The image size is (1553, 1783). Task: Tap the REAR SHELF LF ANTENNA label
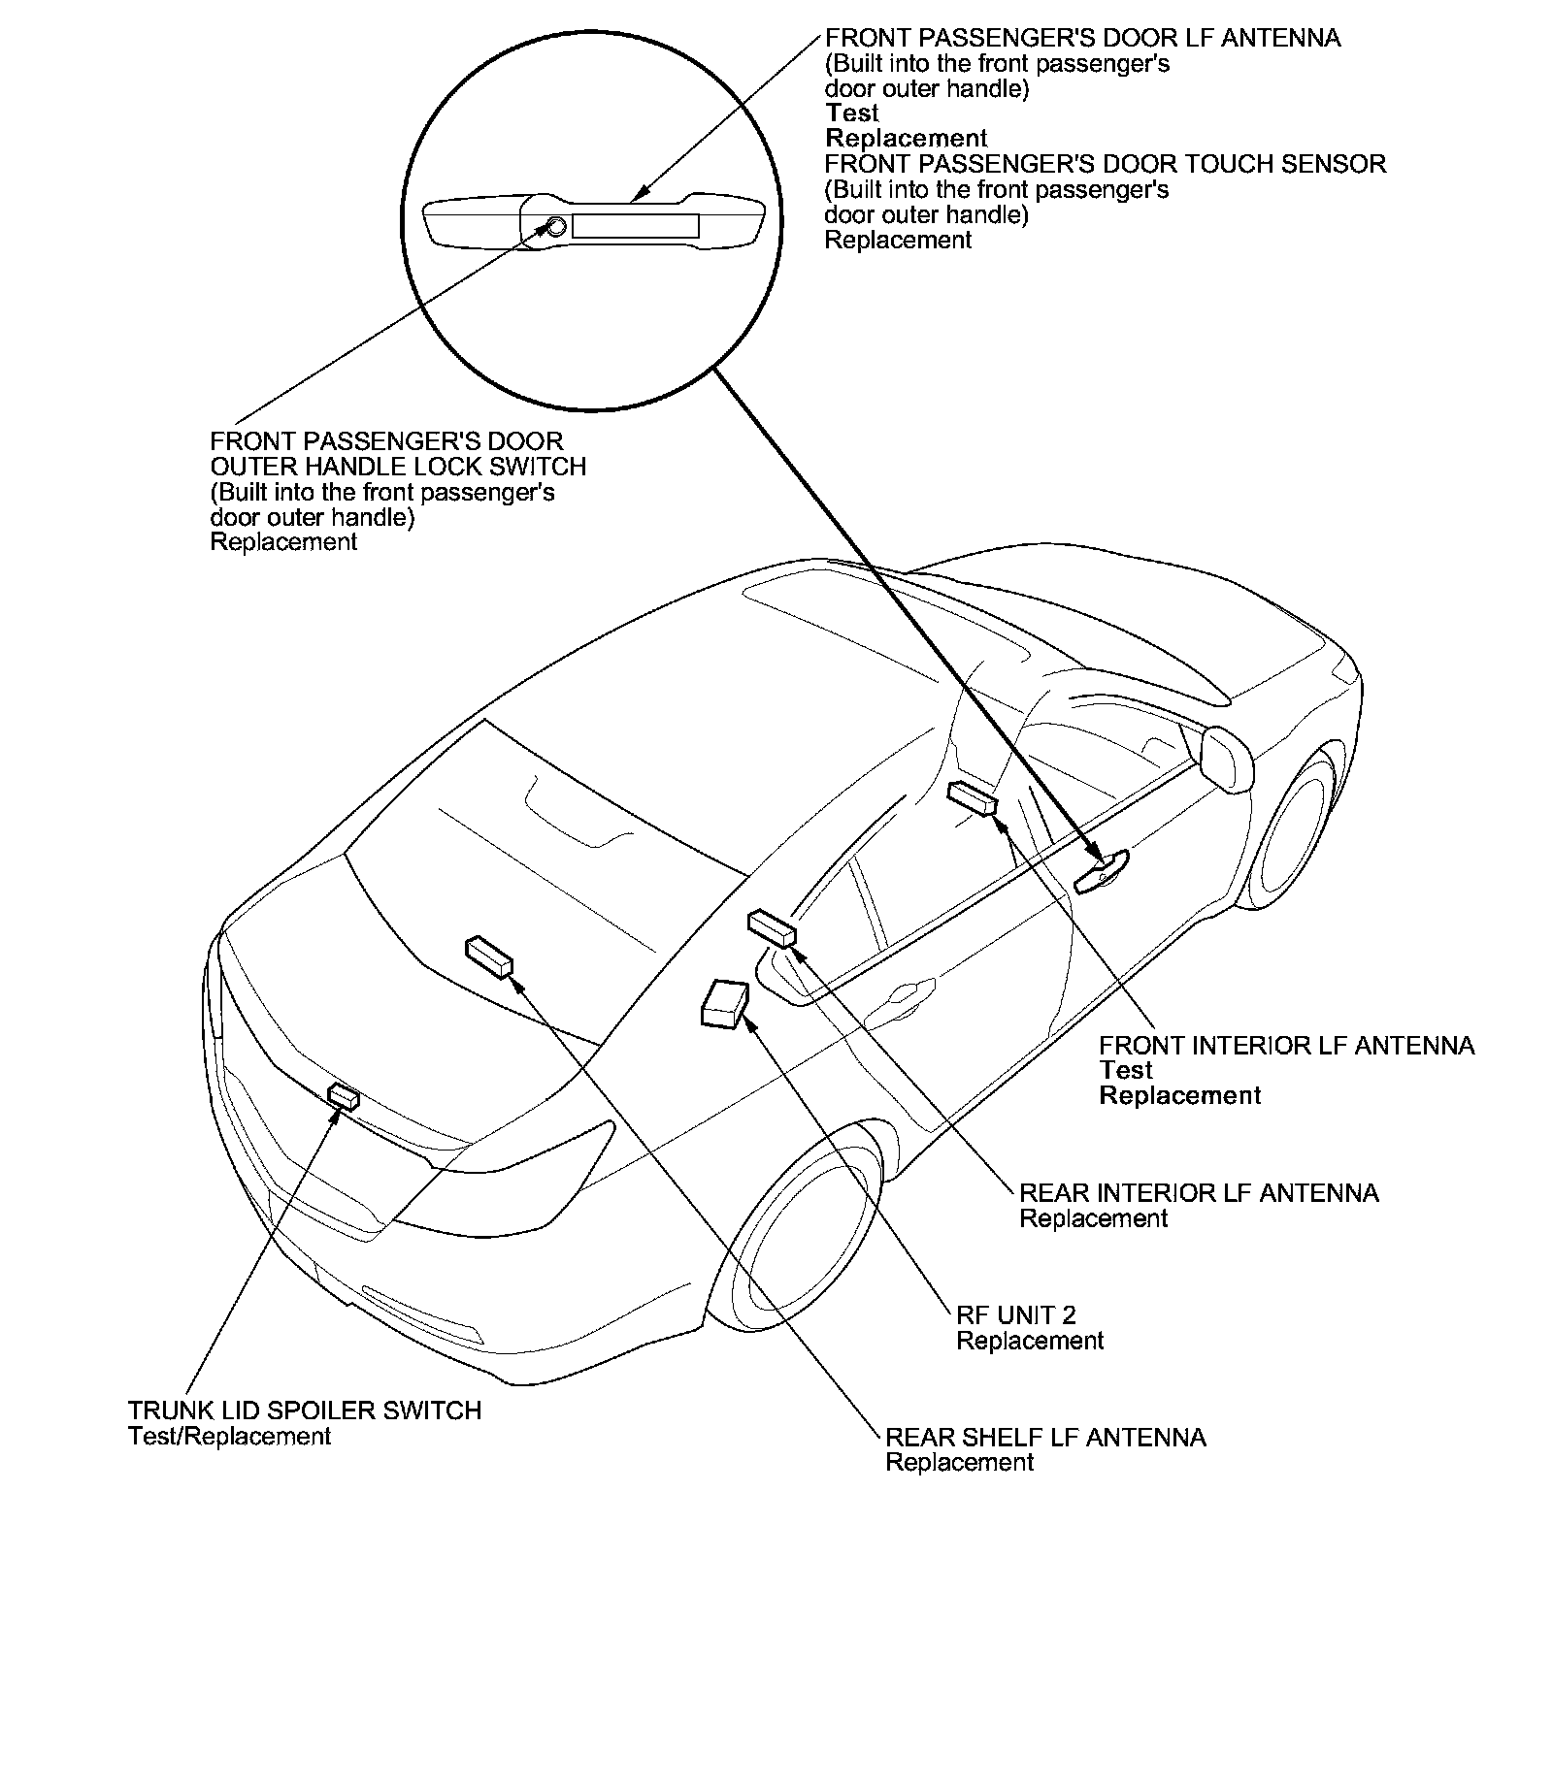click(x=1045, y=1437)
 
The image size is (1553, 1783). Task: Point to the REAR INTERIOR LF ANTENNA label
click(x=1199, y=1192)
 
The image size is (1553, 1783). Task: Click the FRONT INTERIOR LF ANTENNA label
click(x=1286, y=1045)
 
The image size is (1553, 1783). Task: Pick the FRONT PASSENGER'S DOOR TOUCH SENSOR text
click(x=1105, y=163)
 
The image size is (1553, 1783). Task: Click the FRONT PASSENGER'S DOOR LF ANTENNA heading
click(x=1082, y=38)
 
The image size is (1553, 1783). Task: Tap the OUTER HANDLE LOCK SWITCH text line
click(x=398, y=467)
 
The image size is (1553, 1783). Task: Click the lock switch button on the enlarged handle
click(x=555, y=227)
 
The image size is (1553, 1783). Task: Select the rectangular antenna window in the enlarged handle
click(x=635, y=226)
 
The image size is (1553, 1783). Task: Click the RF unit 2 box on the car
click(x=724, y=1003)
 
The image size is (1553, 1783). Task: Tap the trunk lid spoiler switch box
click(x=344, y=1096)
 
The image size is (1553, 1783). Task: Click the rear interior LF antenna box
click(x=772, y=926)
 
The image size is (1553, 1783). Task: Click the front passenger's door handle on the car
click(x=1102, y=870)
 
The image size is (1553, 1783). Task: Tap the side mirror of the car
click(x=1227, y=758)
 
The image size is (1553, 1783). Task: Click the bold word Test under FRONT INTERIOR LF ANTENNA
click(x=1125, y=1070)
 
